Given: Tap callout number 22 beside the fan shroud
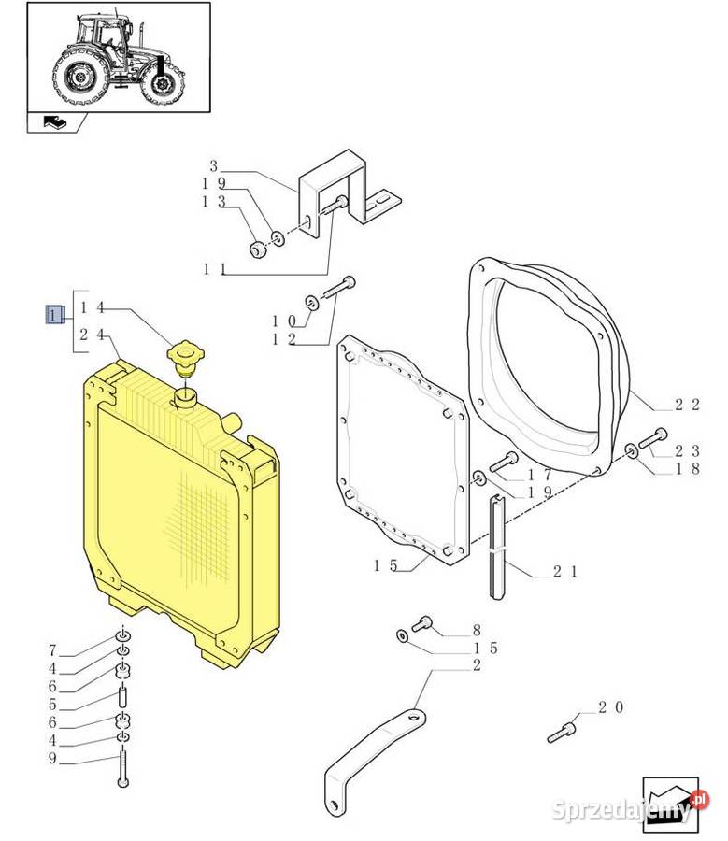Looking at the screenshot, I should tap(687, 405).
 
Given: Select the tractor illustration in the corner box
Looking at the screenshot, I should tap(118, 58).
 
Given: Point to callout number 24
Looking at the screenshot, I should tap(95, 334).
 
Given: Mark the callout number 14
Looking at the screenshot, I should tap(95, 306).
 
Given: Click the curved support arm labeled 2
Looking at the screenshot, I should tap(374, 743).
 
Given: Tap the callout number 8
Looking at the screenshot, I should tap(476, 631).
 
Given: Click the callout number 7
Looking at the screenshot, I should tap(53, 649).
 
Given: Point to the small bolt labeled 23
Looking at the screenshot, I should tap(655, 434).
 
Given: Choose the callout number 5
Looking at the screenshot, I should tap(53, 705).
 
